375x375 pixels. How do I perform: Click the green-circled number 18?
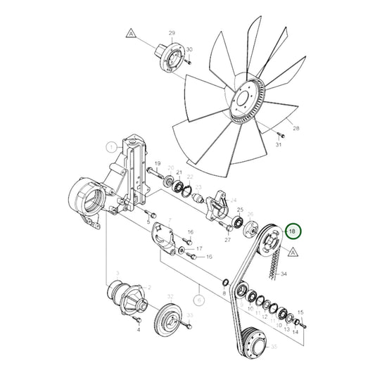pyautogui.click(x=293, y=230)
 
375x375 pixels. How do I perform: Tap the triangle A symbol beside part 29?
pyautogui.click(x=130, y=32)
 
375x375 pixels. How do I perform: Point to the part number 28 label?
pyautogui.click(x=296, y=129)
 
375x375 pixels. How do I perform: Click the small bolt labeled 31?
pyautogui.click(x=279, y=133)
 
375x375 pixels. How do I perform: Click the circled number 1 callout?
pyautogui.click(x=110, y=147)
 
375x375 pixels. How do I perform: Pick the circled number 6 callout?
pyautogui.click(x=200, y=299)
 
